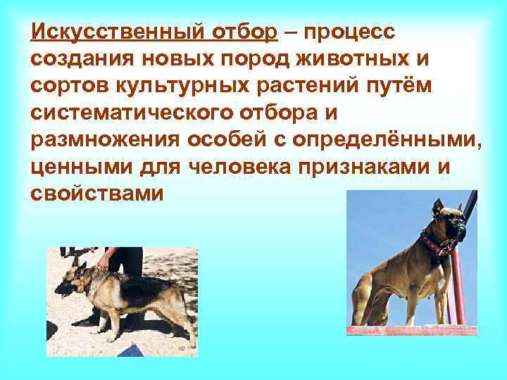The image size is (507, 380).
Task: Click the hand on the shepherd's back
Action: (104, 263)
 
